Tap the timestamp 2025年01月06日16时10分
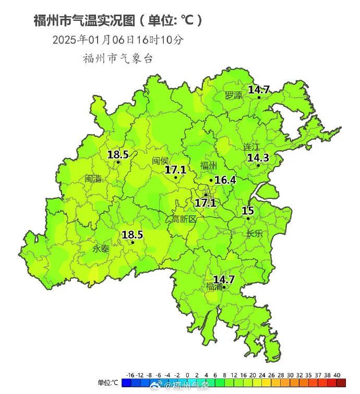coord(118,40)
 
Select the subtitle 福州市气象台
coord(118,58)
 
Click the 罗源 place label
coord(234,95)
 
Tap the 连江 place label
coord(251,147)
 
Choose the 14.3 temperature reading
coord(258,158)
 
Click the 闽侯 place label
coord(161,161)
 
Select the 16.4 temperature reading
coord(225,180)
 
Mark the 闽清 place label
coord(93,178)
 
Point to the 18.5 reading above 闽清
coord(118,154)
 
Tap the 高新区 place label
coord(184,219)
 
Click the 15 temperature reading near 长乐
coord(248,211)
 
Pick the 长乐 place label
coord(255,233)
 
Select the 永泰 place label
coord(101,249)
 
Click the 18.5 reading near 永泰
coord(132,235)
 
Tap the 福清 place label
coord(213,286)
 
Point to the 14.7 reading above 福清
coord(224,279)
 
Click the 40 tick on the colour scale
coord(337,375)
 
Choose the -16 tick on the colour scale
coord(130,375)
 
